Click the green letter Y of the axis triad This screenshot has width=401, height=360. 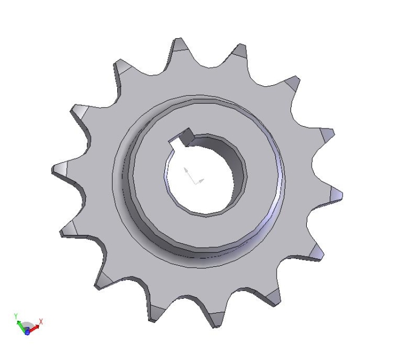coord(16,316)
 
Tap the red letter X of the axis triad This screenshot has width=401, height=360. coord(41,321)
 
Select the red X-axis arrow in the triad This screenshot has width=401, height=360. coord(34,329)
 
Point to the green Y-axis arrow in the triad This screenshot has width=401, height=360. coord(21,326)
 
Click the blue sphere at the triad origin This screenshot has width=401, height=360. coord(27,332)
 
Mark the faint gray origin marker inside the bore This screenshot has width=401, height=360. coord(193,176)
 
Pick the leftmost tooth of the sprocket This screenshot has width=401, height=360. coord(61,169)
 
